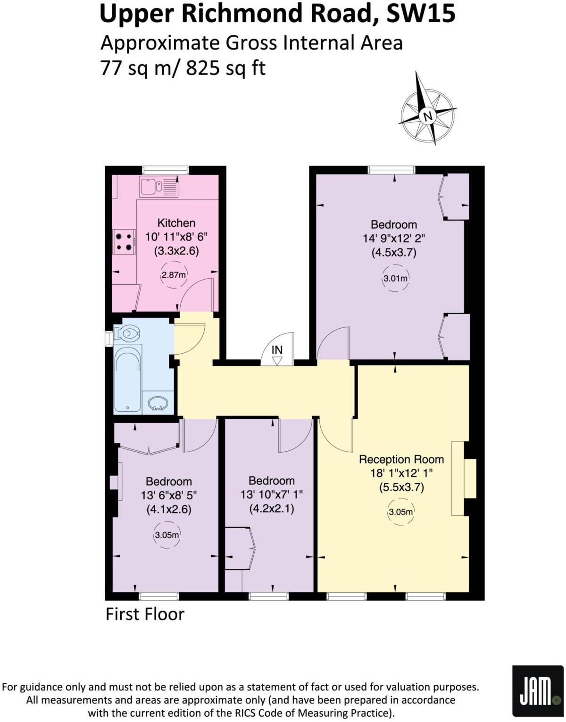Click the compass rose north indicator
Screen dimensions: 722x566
[x=428, y=115]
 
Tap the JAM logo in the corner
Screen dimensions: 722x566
[x=538, y=691]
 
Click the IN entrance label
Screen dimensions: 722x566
[x=277, y=350]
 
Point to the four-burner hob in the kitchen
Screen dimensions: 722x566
[x=124, y=241]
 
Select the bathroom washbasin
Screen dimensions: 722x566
[x=158, y=403]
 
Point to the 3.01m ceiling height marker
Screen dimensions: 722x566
[x=395, y=278]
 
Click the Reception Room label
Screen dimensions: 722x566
[x=401, y=459]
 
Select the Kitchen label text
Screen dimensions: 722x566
[x=176, y=223]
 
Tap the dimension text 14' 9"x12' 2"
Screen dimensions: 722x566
[x=393, y=238]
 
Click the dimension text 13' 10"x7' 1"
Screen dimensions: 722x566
[x=271, y=494]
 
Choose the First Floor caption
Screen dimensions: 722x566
[x=145, y=614]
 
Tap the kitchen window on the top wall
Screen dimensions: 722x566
[x=166, y=170]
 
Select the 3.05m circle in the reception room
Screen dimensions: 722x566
[x=400, y=512]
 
